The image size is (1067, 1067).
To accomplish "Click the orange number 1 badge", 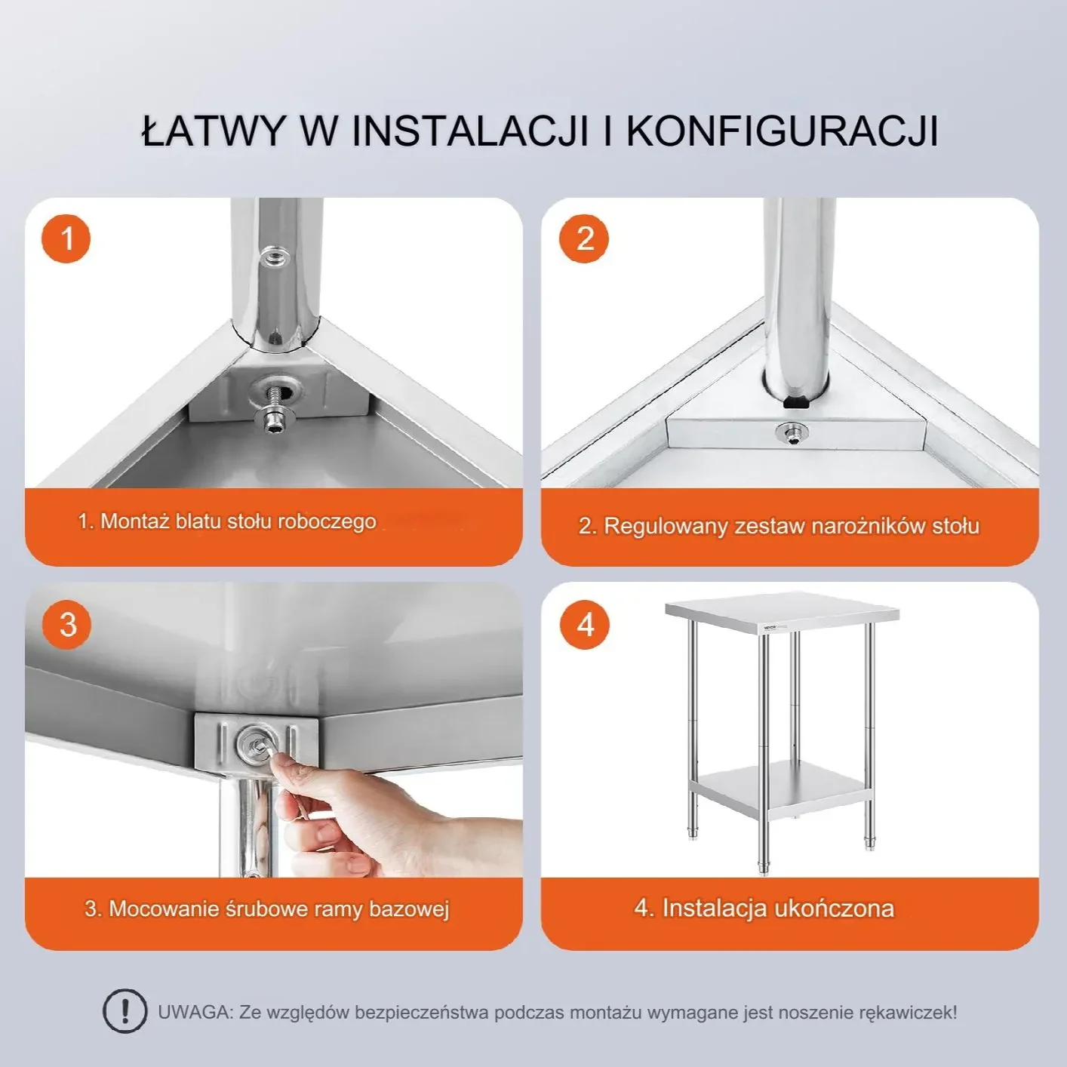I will [x=66, y=239].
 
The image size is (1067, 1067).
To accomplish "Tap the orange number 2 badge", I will [x=584, y=239].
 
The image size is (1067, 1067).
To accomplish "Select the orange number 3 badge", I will [x=67, y=625].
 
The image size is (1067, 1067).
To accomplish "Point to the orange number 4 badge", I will [x=585, y=625].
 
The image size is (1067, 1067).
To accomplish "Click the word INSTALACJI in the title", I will [x=469, y=131].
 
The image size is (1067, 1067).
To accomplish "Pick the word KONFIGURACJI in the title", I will [x=782, y=131].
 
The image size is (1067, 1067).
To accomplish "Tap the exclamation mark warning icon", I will [x=125, y=1011].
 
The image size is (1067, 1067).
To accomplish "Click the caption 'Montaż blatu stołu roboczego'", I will [x=227, y=521].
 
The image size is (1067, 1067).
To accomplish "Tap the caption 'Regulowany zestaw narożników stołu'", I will [x=779, y=526].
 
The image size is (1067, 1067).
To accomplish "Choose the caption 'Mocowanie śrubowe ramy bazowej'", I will [x=267, y=909].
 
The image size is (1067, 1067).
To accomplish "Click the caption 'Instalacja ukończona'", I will [x=764, y=908].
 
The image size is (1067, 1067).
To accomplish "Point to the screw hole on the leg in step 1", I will [x=274, y=258].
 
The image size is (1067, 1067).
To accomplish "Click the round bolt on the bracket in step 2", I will [x=791, y=432].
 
